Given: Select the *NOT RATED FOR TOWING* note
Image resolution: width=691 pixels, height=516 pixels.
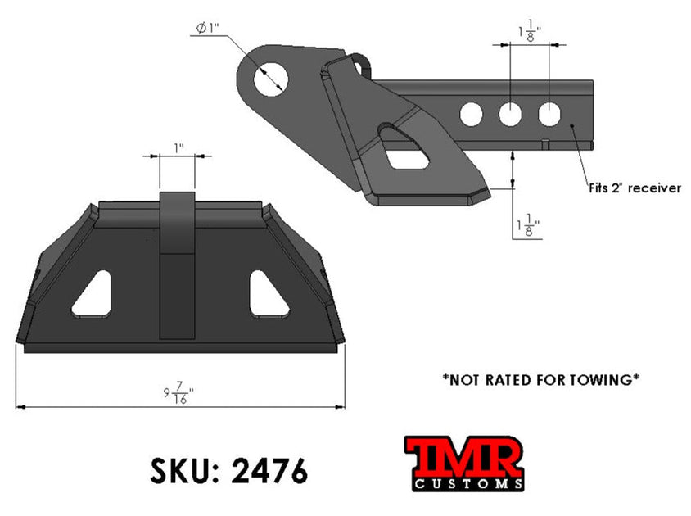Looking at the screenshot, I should click(540, 379).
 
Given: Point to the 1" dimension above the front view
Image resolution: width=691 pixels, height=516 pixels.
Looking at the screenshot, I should click(178, 147).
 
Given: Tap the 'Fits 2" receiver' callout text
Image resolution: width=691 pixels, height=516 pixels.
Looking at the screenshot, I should click(635, 188).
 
